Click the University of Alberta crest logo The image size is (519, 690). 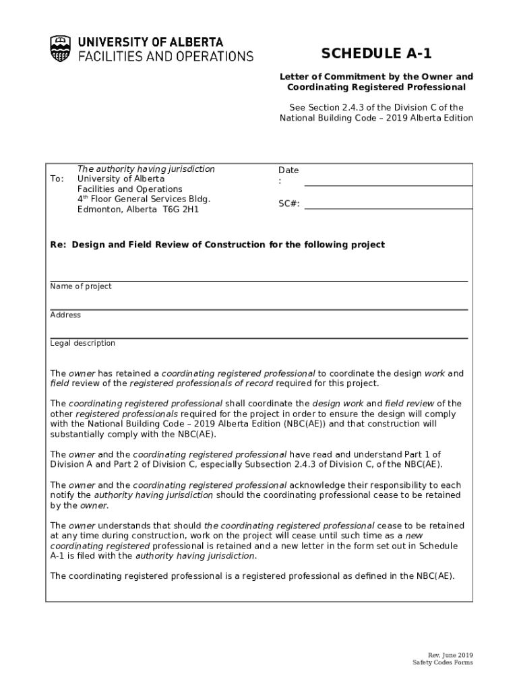(60, 49)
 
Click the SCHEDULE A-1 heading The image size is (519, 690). (376, 54)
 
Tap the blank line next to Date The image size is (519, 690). (388, 180)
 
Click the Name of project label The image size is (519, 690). (81, 286)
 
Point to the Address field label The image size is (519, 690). (65, 315)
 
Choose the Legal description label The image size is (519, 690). (83, 343)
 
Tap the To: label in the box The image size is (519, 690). (57, 179)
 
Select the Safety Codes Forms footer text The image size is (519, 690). (443, 663)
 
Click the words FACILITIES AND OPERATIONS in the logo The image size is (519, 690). (166, 57)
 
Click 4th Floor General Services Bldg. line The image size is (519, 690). (144, 199)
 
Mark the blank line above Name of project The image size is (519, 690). (259, 280)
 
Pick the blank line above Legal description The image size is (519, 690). (259, 337)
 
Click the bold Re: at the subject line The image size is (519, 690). (58, 245)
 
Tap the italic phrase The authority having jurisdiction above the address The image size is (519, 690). (146, 169)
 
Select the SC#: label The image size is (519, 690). (289, 204)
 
